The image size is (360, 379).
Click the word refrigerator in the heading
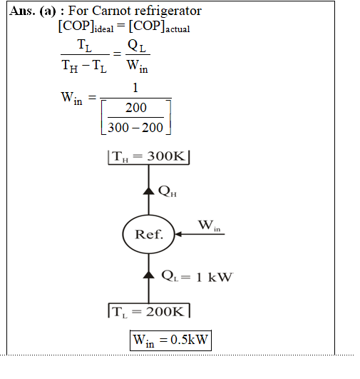(168, 11)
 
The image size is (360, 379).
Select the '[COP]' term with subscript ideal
(86, 26)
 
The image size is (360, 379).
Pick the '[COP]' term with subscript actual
(159, 26)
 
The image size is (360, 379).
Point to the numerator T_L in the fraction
(85, 46)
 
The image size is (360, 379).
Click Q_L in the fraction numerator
(137, 46)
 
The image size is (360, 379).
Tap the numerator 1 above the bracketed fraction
(135, 88)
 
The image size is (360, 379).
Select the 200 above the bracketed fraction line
(136, 108)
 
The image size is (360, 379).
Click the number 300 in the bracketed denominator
(118, 128)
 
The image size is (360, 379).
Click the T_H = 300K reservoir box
(148, 157)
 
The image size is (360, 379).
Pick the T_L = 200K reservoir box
(149, 310)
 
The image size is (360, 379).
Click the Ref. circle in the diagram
(148, 234)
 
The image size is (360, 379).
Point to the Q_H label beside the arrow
(168, 191)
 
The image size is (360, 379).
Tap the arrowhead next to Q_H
(148, 191)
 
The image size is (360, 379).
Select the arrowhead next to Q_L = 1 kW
(148, 275)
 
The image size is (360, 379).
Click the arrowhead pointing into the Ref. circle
(178, 234)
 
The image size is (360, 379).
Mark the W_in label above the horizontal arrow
(210, 226)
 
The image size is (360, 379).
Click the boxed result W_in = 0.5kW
(170, 340)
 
